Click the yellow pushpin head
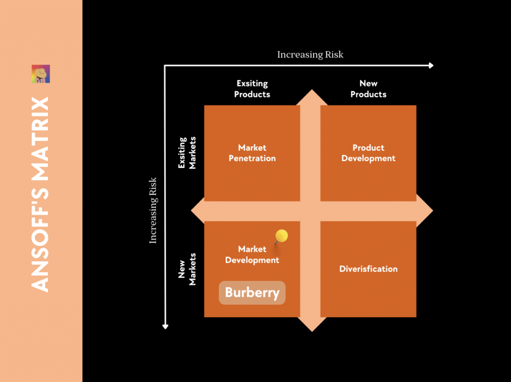click(x=281, y=235)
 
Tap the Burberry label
click(x=252, y=293)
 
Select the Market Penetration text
click(x=252, y=153)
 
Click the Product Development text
click(x=368, y=153)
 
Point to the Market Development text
click(x=252, y=255)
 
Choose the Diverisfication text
click(x=368, y=269)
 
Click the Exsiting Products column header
click(x=252, y=89)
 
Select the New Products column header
click(x=368, y=89)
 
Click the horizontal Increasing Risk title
click(x=310, y=54)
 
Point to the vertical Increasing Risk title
click(x=153, y=210)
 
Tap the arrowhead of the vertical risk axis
click(x=166, y=326)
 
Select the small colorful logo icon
click(x=41, y=74)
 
